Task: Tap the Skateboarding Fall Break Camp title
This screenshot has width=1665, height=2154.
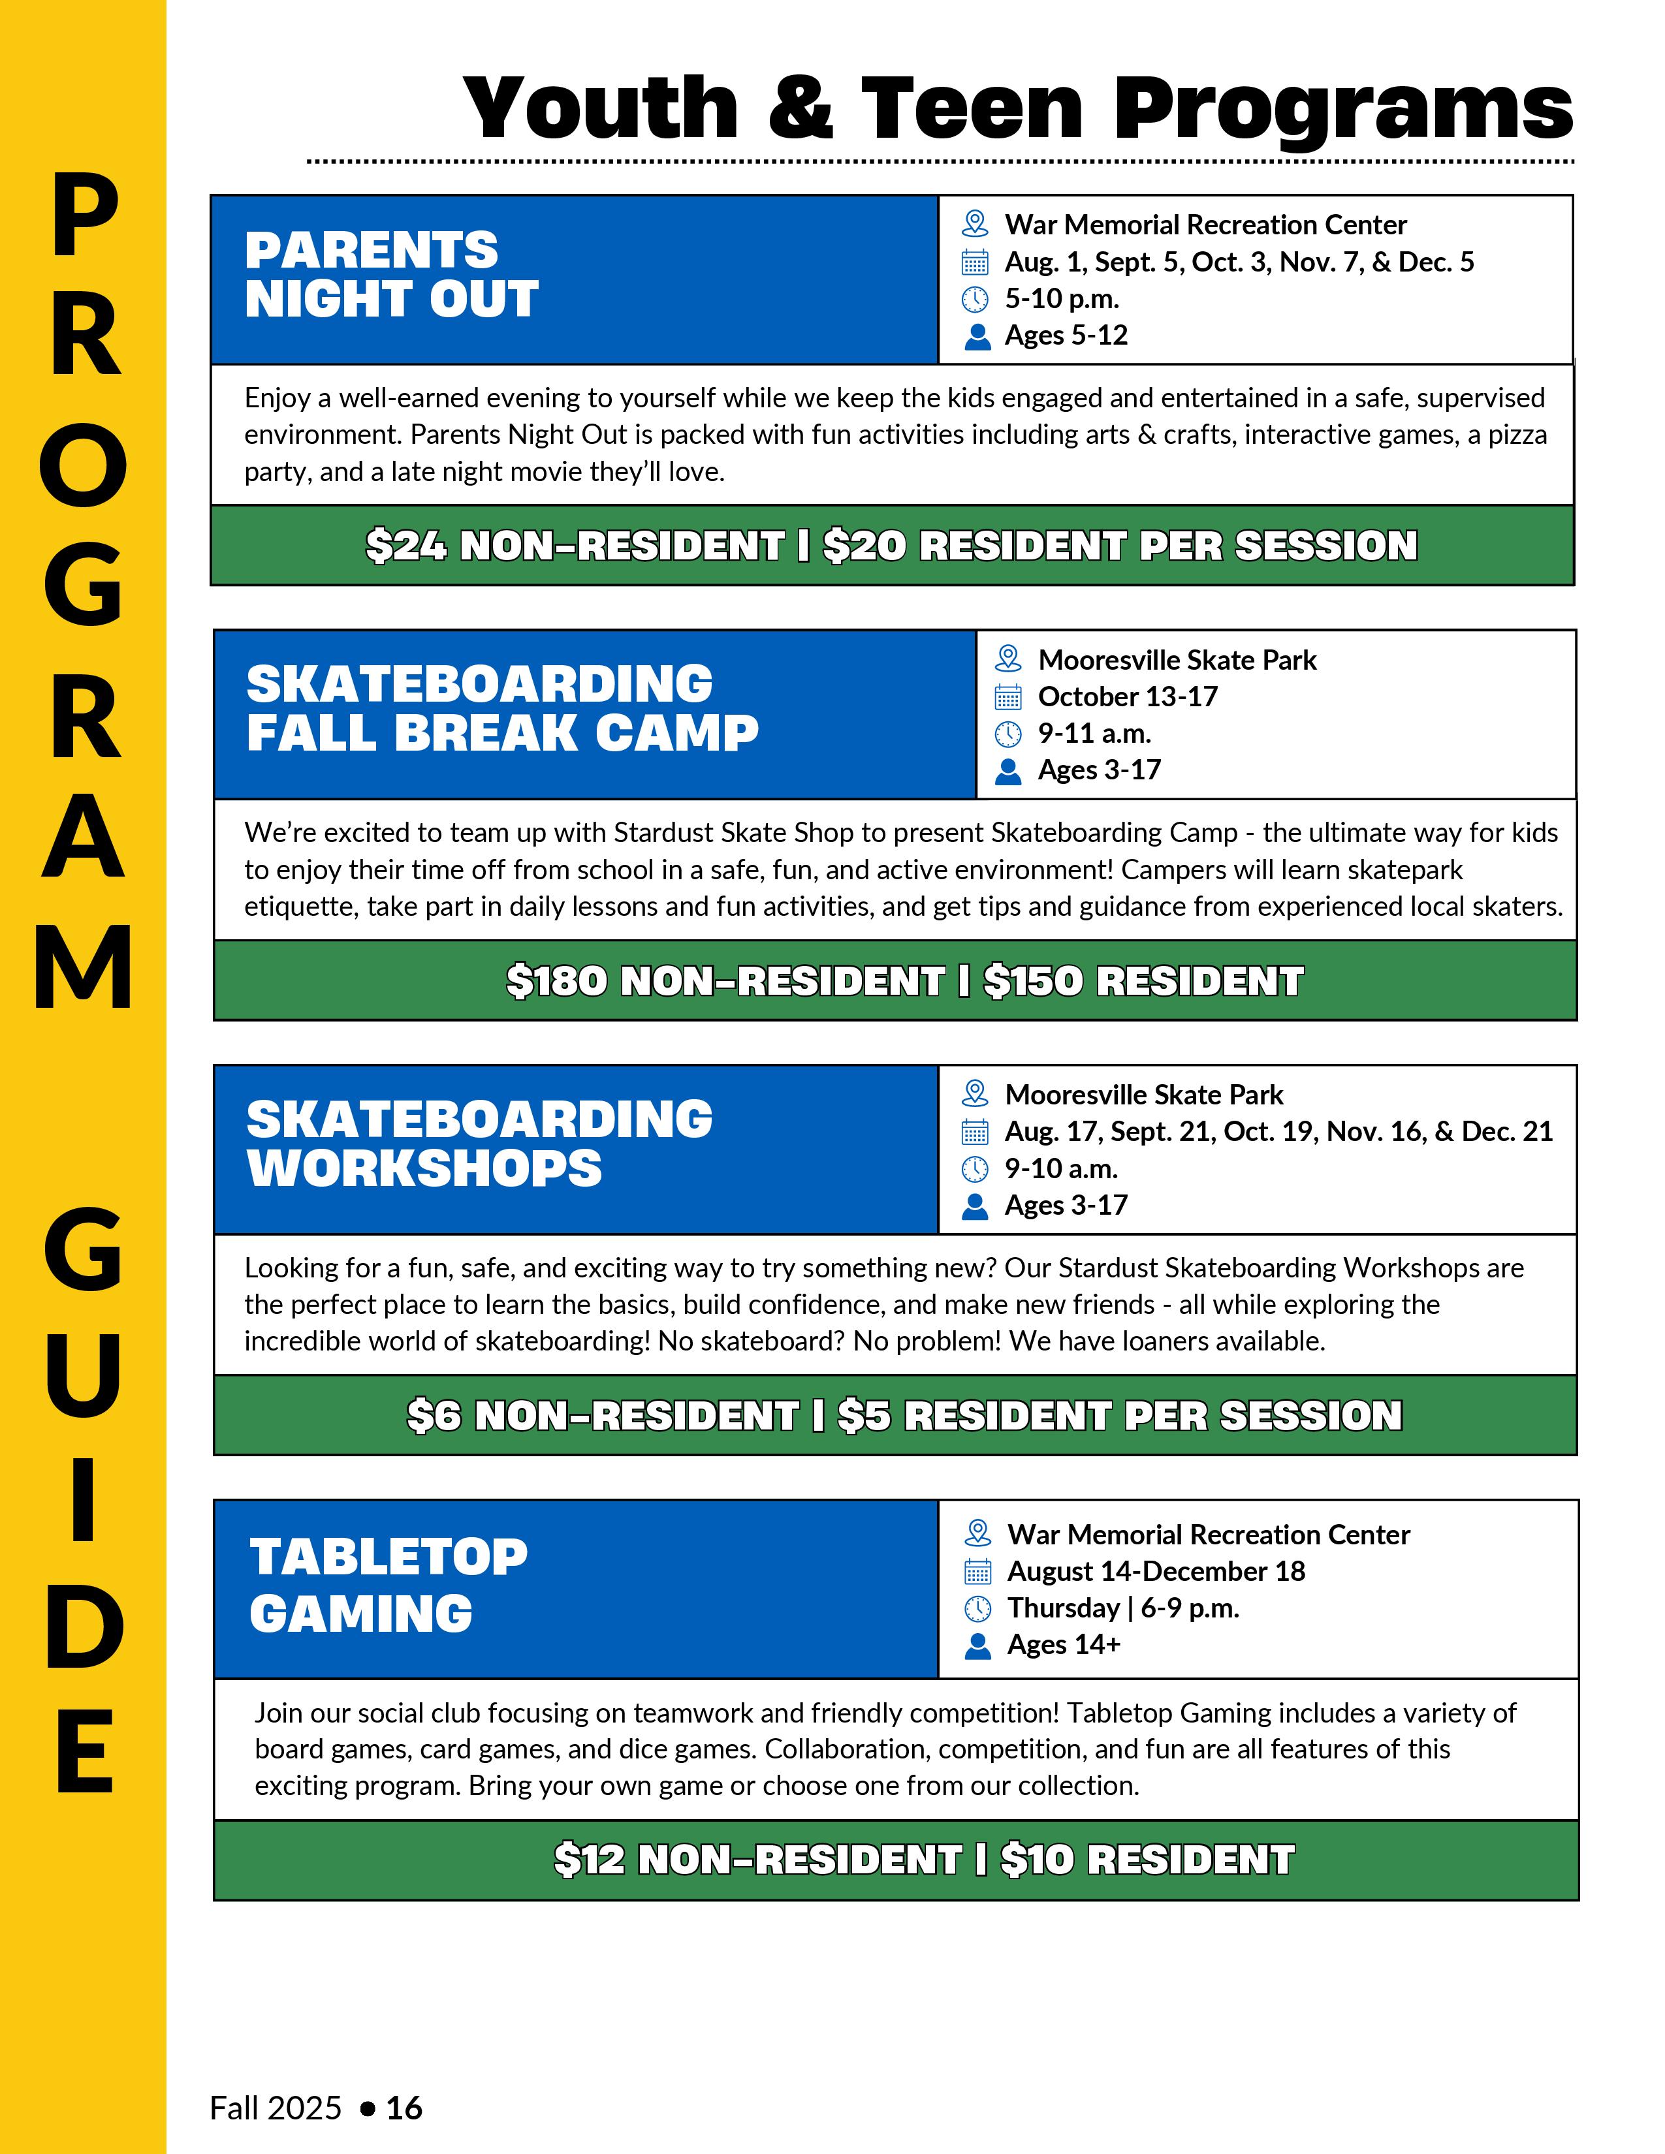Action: coord(502,708)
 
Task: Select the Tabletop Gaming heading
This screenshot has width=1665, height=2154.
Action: coord(388,1585)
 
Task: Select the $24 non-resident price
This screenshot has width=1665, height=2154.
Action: coord(574,546)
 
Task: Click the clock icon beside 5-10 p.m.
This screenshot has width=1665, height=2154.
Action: coord(975,299)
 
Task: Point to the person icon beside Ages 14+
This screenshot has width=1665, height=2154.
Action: coord(977,1645)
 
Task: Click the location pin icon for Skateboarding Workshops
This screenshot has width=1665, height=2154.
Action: coord(975,1094)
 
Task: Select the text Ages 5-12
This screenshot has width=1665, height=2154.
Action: coord(1066,336)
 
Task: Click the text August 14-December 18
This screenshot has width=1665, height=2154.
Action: coord(1155,1571)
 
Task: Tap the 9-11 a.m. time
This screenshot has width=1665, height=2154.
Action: coord(1094,734)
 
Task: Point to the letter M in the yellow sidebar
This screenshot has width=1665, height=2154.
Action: coord(84,967)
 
